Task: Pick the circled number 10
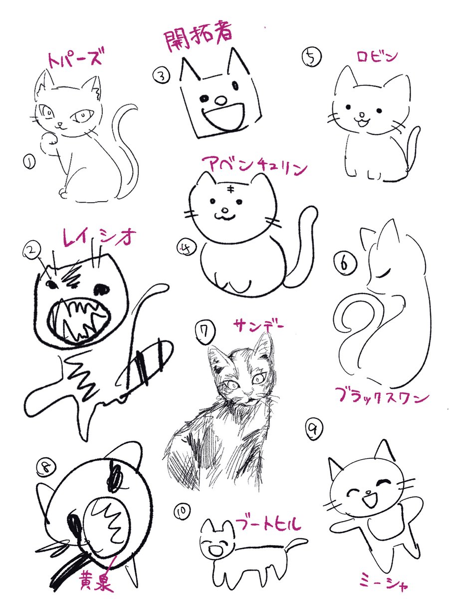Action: [181, 512]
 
